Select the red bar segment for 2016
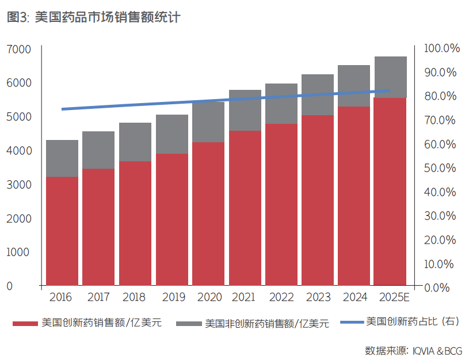tap(62, 230)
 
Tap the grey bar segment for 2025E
tap(391, 77)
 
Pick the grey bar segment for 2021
tap(245, 110)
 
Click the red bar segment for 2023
tap(318, 200)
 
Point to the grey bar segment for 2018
tap(135, 142)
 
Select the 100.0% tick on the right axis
tap(442, 48)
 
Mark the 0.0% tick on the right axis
tap(442, 287)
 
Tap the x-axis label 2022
tap(281, 298)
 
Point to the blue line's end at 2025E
tap(390, 90)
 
